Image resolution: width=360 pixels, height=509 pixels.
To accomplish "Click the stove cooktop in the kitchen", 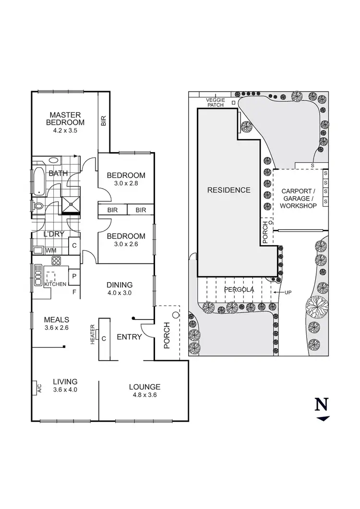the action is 56,261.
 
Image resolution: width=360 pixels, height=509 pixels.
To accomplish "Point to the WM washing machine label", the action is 50,250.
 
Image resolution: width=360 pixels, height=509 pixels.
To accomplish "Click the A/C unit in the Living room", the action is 37,388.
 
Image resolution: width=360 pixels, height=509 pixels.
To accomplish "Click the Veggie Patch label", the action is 215,102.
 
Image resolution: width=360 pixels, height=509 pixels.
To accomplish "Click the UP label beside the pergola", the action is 288,292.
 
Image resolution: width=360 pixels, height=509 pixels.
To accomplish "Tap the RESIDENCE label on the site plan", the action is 228,190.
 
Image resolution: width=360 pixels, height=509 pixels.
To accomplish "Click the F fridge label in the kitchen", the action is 74,291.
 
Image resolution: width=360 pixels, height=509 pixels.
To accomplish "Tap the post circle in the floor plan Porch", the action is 175,315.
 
